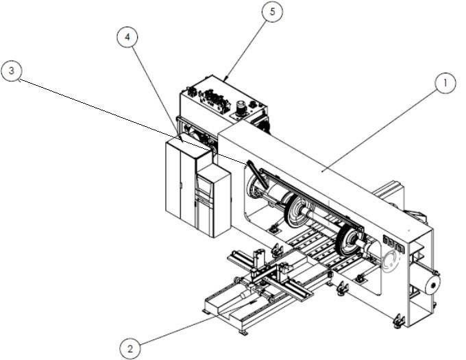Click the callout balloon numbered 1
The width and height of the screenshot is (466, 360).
445,83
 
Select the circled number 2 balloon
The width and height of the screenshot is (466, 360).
130,348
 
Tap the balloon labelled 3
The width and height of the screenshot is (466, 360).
11,71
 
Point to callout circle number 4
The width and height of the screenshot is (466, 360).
127,37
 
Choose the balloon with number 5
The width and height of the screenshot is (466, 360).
273,12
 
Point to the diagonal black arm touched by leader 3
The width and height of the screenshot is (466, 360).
257,175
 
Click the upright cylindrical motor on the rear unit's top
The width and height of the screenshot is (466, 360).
240,108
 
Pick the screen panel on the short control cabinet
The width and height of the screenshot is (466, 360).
204,186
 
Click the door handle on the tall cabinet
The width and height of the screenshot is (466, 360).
181,186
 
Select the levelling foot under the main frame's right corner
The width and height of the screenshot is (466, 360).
399,321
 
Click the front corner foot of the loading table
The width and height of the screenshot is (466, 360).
243,333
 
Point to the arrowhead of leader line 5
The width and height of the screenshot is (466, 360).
226,78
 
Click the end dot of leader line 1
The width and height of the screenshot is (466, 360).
323,171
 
